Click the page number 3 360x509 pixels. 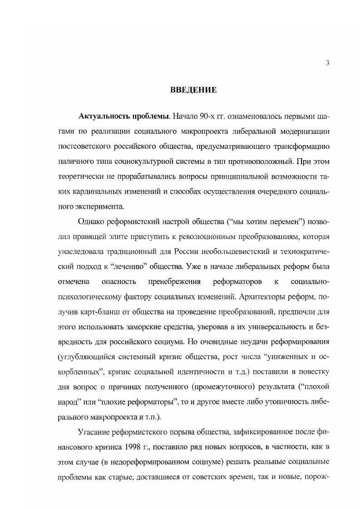coord(327,63)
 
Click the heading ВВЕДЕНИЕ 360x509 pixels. coord(193,90)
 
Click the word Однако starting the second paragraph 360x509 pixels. coord(92,221)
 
